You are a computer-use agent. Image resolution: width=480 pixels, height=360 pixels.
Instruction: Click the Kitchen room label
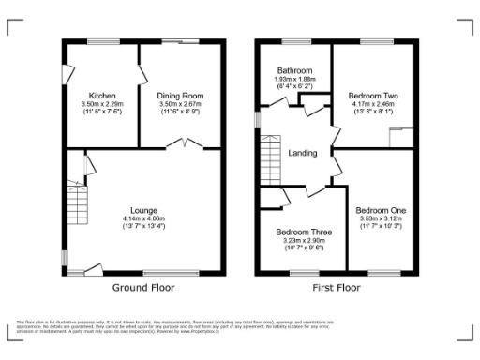tap(101, 96)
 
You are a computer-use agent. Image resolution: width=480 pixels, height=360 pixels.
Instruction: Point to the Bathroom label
tap(293, 69)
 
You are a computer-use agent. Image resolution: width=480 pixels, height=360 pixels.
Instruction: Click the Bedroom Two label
tap(374, 96)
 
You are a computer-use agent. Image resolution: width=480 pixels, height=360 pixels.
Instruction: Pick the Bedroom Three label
tap(300, 231)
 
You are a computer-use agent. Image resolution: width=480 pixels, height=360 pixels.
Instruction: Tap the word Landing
tap(303, 154)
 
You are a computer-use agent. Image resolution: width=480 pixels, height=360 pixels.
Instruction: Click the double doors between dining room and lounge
tap(183, 143)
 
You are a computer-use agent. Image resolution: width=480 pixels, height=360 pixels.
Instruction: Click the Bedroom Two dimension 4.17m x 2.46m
tap(374, 104)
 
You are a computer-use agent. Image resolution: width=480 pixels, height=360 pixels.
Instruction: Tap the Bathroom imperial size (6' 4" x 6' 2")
tap(293, 86)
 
